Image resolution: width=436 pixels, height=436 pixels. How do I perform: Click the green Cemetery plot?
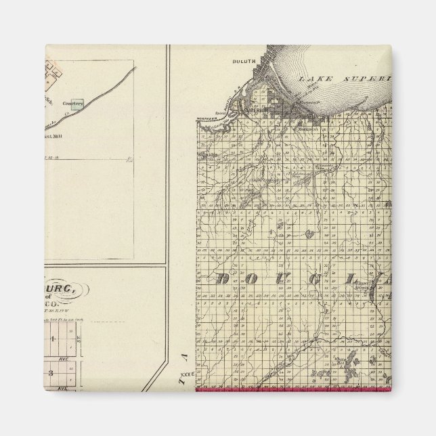click(79, 105)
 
